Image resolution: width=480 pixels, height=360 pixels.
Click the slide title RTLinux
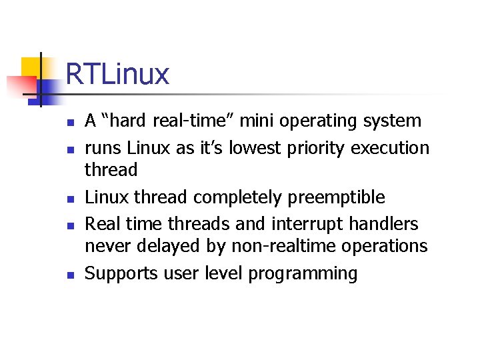point(117,74)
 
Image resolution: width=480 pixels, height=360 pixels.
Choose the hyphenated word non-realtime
point(285,247)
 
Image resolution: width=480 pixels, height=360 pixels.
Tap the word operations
point(386,247)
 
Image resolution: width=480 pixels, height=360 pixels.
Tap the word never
point(108,247)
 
